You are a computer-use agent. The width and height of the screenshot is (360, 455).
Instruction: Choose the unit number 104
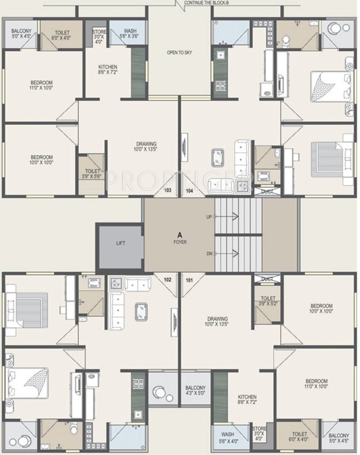pos(189,190)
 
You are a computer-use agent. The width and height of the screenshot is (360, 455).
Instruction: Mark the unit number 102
pos(168,280)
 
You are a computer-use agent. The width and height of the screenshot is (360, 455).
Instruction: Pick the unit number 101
pos(189,280)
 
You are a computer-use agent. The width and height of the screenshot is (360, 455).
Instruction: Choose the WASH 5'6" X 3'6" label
pos(131,34)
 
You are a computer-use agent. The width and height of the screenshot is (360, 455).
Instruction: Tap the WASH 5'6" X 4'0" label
pos(227,438)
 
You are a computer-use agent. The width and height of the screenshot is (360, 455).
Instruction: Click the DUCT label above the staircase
pos(267,191)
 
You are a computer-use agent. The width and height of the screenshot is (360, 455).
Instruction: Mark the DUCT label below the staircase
pos(267,278)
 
